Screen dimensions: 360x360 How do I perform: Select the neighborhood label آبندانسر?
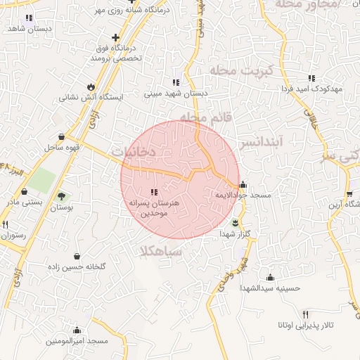pyautogui.click(x=261, y=142)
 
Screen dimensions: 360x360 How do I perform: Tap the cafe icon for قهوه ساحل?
pyautogui.click(x=63, y=136)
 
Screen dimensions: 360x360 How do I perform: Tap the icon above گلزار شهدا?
pyautogui.click(x=235, y=222)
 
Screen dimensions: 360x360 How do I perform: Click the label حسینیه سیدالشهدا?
pyautogui.click(x=271, y=288)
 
